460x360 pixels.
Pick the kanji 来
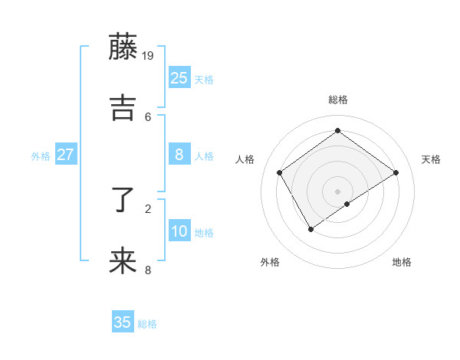[123, 261]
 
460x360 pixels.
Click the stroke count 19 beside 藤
[149, 55]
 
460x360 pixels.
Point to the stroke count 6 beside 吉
[148, 116]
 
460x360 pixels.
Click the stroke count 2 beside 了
[148, 208]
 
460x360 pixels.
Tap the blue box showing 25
[179, 78]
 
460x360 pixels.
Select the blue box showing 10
[179, 231]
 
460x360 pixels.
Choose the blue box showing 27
[65, 155]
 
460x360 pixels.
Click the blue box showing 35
[123, 322]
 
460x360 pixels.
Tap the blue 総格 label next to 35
[147, 324]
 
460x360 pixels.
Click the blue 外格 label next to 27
[41, 156]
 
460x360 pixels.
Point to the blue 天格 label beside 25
[204, 80]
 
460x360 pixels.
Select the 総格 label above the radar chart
[338, 100]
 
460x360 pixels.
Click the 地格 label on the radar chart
[402, 262]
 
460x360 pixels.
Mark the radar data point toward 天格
[396, 172]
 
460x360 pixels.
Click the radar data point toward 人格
[280, 172]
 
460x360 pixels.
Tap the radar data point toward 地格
[347, 204]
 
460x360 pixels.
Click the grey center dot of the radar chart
[338, 191]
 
